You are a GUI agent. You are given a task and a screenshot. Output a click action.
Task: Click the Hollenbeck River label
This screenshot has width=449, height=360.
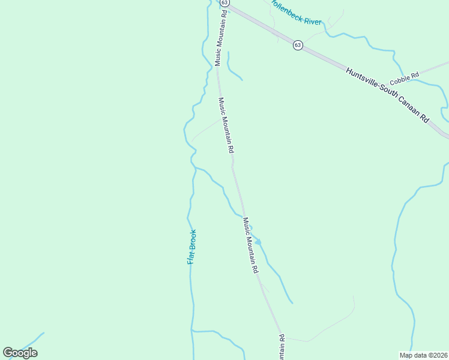pos(296,12)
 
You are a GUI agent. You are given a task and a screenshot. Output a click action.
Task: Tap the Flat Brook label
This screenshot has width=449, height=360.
pos(191,247)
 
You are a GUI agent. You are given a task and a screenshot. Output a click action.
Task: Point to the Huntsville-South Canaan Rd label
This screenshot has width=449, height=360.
pos(387,94)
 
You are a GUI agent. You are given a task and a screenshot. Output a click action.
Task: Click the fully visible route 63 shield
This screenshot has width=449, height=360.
pos(298,46)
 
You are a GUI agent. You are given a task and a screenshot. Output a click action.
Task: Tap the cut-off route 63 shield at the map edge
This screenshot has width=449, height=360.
pos(224,2)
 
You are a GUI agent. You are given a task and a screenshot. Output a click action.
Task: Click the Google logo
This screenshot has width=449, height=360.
pos(20,353)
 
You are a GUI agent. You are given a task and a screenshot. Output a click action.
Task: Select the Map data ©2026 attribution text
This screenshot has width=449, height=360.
pos(424,355)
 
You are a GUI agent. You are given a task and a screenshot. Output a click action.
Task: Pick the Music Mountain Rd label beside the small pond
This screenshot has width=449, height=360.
pos(250,245)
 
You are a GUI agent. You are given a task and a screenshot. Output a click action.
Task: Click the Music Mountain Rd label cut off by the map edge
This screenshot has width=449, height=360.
pos(281,347)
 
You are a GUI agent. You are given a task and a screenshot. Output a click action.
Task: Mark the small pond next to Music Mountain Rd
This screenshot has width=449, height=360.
pos(258,242)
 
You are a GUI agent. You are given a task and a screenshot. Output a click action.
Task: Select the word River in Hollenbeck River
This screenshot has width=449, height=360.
pos(312,20)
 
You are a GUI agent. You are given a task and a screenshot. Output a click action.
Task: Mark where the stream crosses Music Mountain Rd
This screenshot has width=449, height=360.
pos(244,215)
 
